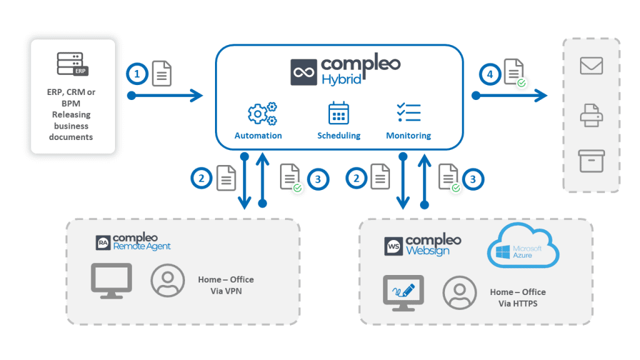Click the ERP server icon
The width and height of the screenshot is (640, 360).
[72, 64]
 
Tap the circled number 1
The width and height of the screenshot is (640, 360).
[137, 75]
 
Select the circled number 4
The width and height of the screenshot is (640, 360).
[491, 75]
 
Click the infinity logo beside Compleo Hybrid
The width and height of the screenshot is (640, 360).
[304, 72]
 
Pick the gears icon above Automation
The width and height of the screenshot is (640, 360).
[262, 114]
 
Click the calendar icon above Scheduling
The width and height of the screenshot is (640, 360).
[339, 113]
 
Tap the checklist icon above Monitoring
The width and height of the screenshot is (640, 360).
[409, 113]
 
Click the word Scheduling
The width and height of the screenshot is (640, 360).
[339, 136]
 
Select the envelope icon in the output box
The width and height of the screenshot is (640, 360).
[591, 66]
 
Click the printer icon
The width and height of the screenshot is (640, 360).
[591, 116]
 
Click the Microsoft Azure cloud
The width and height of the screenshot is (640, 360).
[522, 247]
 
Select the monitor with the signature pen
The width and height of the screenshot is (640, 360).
[403, 292]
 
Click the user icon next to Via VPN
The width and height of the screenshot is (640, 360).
[167, 280]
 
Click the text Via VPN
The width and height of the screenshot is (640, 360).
[226, 291]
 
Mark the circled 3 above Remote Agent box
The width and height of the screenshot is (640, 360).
[318, 179]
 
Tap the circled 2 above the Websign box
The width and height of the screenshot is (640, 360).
[357, 179]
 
